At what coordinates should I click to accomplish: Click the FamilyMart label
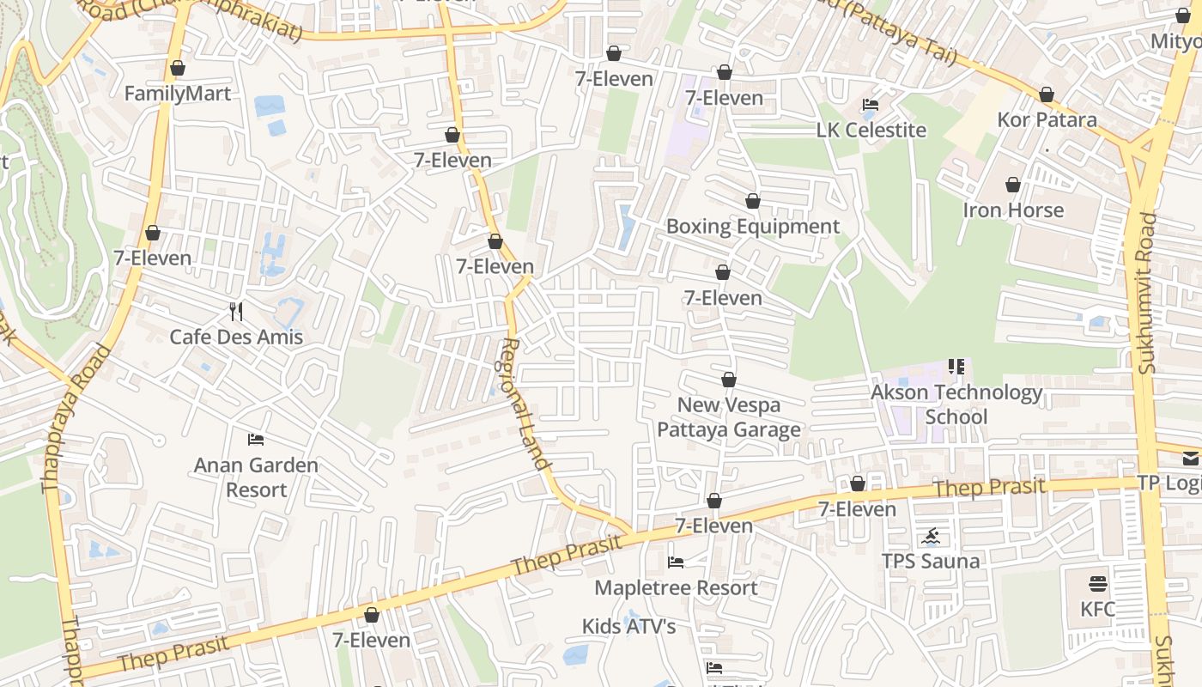click(x=178, y=94)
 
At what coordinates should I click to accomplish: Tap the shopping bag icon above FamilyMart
click(x=178, y=68)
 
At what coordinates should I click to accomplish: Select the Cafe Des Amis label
click(x=236, y=337)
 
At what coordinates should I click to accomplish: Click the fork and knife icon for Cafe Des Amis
click(x=237, y=311)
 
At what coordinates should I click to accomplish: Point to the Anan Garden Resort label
click(x=256, y=477)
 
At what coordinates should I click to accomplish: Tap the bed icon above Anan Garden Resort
click(x=256, y=440)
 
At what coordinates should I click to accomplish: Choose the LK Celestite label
click(x=871, y=131)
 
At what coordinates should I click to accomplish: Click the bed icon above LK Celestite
click(x=871, y=105)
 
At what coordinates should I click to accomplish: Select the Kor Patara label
click(x=1047, y=119)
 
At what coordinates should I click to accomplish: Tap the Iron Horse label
click(x=1013, y=210)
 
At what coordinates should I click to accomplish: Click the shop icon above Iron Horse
click(x=1013, y=185)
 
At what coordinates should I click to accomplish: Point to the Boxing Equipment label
click(x=753, y=227)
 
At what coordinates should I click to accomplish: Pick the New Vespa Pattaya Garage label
click(x=729, y=417)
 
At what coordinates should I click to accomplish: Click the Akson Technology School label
click(x=956, y=404)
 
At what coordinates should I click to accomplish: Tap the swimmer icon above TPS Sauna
click(x=931, y=538)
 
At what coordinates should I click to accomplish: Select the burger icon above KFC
click(x=1098, y=584)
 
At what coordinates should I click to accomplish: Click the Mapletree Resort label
click(x=676, y=588)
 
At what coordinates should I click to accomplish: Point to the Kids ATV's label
click(x=629, y=627)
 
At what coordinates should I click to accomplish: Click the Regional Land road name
click(x=523, y=404)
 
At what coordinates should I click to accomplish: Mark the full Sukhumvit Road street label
click(x=1146, y=292)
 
